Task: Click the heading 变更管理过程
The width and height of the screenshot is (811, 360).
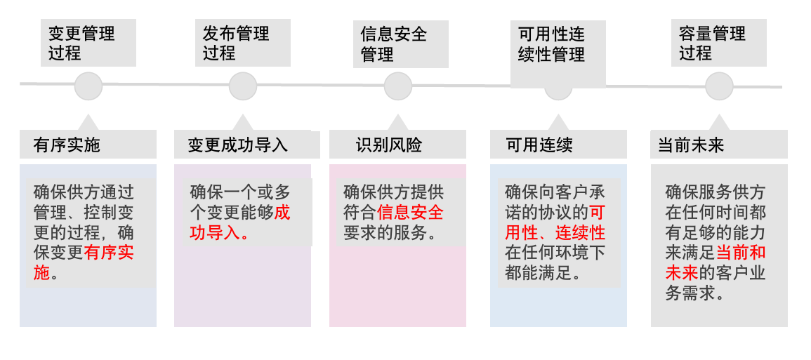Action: tap(83, 43)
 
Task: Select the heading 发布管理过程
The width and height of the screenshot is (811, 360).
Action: tap(237, 43)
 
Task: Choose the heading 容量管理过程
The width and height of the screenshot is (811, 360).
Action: tap(713, 43)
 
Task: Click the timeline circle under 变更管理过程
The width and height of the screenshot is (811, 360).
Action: tap(88, 86)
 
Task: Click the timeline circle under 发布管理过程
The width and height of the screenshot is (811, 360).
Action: tap(243, 86)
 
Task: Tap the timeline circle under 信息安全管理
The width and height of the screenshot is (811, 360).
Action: tap(398, 86)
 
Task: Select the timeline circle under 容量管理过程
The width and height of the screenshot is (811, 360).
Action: tap(719, 86)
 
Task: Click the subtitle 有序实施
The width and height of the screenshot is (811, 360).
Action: tap(67, 145)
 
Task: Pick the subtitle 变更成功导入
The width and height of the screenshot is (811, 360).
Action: tap(238, 145)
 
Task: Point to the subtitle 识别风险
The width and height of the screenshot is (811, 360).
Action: tap(389, 145)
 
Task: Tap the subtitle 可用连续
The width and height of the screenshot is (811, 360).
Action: tap(539, 145)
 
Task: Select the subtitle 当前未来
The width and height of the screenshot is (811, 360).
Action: tap(691, 145)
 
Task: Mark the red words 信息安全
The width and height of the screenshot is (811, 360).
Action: tap(410, 213)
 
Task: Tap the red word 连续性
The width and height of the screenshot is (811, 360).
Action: tap(581, 232)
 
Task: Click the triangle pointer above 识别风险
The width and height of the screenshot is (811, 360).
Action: tap(398, 122)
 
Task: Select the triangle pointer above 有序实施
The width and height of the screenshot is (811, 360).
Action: tap(88, 122)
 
